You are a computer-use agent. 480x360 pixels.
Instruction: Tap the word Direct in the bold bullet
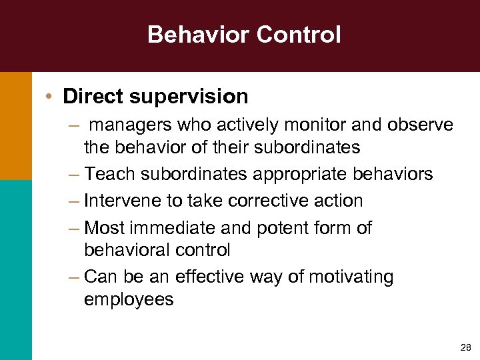coord(93,97)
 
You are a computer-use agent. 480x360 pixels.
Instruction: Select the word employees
coord(129,300)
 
